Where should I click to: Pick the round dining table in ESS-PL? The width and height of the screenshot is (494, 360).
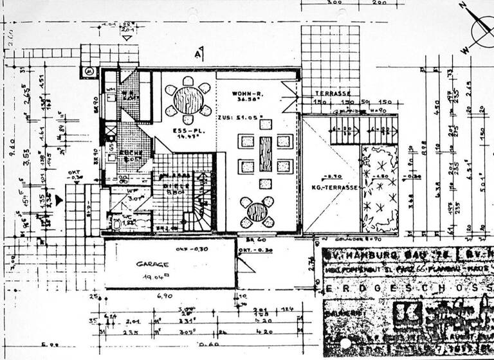(188, 100)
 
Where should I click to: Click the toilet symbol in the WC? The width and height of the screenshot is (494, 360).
(117, 223)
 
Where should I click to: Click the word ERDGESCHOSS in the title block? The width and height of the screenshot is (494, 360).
(405, 290)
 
